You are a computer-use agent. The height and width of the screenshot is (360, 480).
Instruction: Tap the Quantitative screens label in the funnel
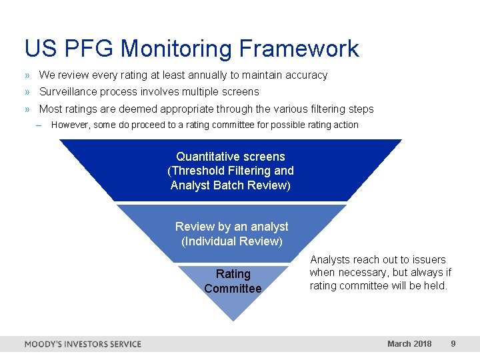click(x=231, y=157)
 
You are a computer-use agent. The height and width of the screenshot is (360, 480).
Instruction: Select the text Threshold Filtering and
click(x=231, y=171)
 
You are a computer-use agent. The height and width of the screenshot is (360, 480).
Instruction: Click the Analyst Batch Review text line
click(x=231, y=185)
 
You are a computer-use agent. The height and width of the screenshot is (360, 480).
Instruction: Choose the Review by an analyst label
click(x=231, y=227)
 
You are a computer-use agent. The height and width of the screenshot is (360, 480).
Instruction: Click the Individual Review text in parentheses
click(x=231, y=241)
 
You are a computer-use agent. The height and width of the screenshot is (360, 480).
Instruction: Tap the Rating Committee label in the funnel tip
click(x=233, y=281)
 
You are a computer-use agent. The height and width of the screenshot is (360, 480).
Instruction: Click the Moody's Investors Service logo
click(x=83, y=344)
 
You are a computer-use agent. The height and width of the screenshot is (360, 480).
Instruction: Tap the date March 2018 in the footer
click(x=409, y=344)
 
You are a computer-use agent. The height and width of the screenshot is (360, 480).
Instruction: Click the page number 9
click(x=453, y=344)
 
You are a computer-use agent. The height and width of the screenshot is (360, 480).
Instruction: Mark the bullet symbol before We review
click(x=27, y=75)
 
